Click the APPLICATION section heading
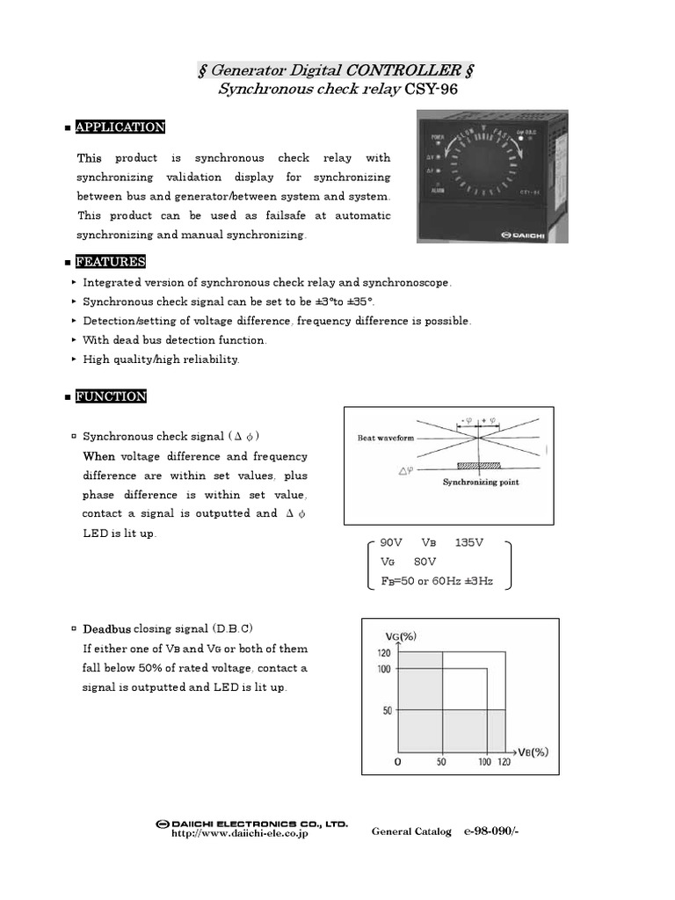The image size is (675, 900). pos(120,127)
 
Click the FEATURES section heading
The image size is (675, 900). pos(111,262)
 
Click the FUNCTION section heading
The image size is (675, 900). pos(111,396)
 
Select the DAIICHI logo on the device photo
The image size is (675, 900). pos(524,235)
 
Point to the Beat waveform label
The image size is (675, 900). pos(387,438)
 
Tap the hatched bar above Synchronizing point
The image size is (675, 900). pos(478,467)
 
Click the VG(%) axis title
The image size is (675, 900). pos(402,635)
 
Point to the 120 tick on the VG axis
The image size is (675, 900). pos(384,652)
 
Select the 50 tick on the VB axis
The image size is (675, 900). pos(442,762)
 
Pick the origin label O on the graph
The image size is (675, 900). pos(397,762)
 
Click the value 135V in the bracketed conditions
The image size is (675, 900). pos(470,542)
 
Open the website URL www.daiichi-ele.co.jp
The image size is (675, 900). pos(239,833)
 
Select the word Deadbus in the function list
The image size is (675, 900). pos(107,629)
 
